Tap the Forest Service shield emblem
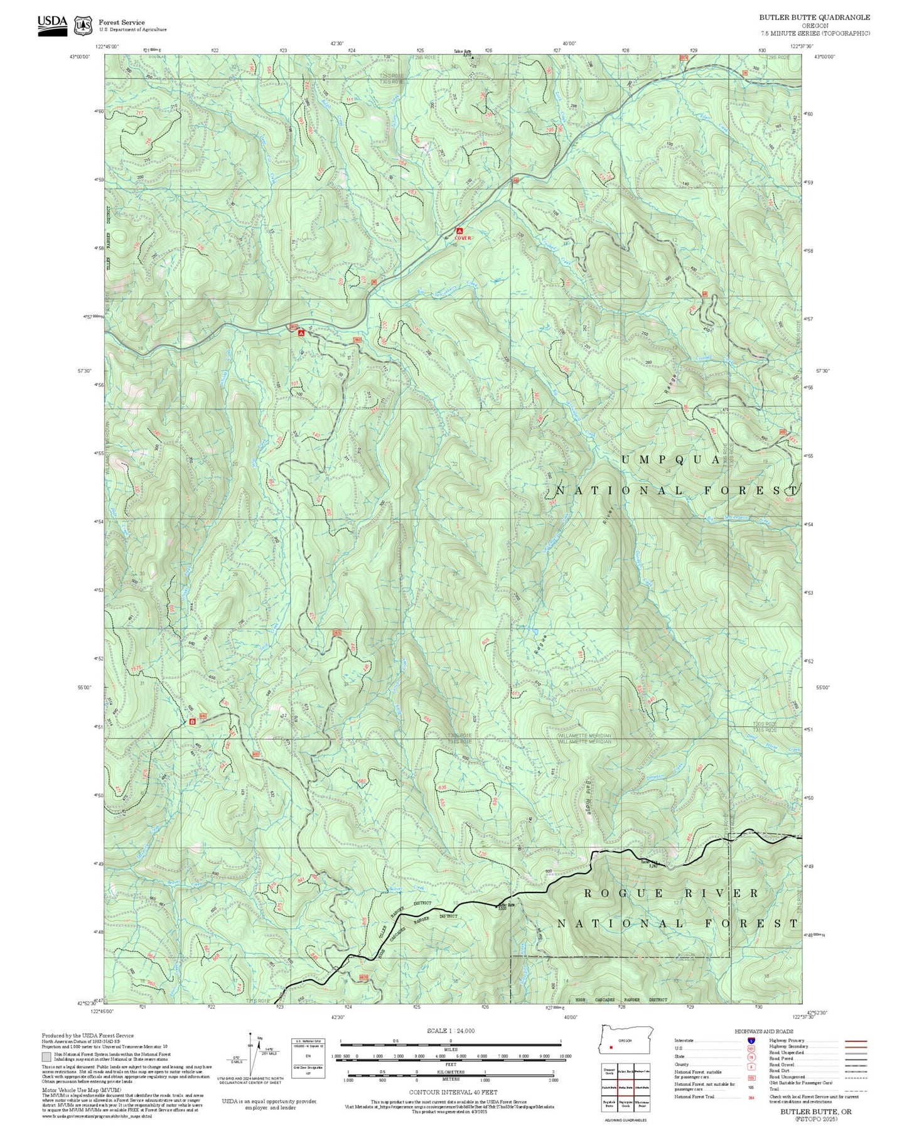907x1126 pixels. point(82,25)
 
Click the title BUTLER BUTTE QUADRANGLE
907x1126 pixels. point(814,18)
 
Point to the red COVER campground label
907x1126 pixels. point(463,239)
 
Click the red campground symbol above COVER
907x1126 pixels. point(459,231)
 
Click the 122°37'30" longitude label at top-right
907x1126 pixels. point(802,46)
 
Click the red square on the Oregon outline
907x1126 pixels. point(611,1047)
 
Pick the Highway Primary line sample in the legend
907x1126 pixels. point(856,1041)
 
